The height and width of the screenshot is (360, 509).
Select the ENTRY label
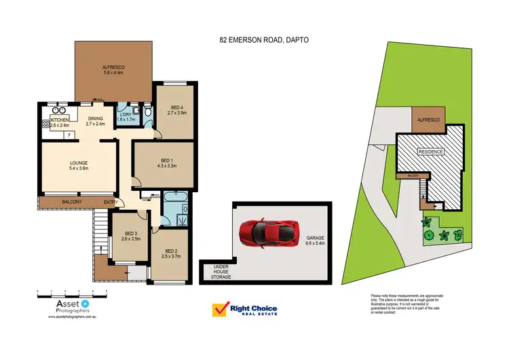[x=111, y=202]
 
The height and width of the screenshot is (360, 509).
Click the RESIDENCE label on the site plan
[x=430, y=152]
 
